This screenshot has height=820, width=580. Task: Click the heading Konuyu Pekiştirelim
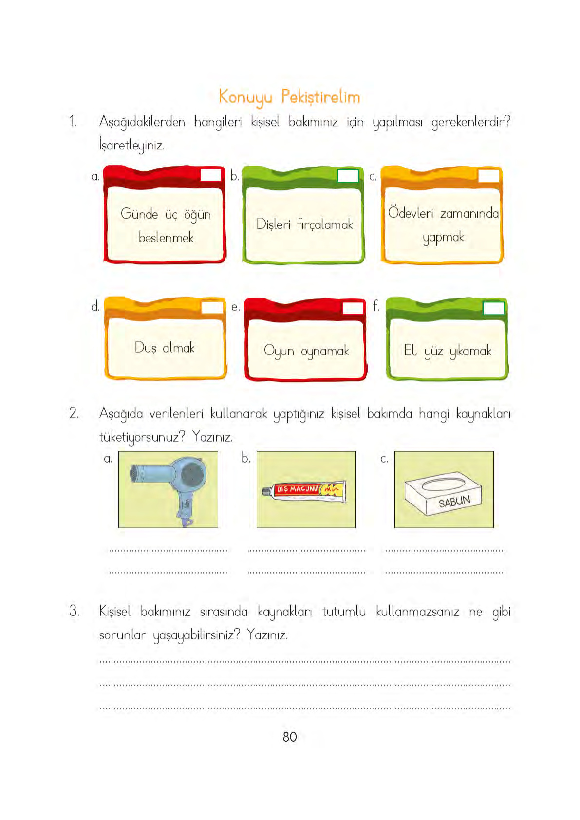click(289, 97)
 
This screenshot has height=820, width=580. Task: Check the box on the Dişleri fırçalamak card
click(348, 176)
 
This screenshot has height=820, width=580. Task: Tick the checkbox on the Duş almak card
click(212, 307)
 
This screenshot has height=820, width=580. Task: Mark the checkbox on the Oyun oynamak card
click(353, 308)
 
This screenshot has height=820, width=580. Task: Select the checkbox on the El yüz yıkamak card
click(493, 308)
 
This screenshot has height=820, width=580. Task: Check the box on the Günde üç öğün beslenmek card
click(211, 175)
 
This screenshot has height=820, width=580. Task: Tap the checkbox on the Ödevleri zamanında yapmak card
click(488, 176)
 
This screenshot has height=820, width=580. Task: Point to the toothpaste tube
click(305, 490)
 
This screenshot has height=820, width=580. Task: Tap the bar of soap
click(443, 493)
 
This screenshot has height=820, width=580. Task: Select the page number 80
click(290, 737)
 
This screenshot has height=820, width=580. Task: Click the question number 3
click(74, 611)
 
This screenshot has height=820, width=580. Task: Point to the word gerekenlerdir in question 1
click(470, 122)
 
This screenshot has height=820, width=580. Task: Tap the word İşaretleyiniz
click(131, 145)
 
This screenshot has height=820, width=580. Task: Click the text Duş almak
click(165, 348)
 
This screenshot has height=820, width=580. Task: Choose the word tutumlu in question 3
click(344, 611)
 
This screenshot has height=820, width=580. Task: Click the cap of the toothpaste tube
click(266, 491)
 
